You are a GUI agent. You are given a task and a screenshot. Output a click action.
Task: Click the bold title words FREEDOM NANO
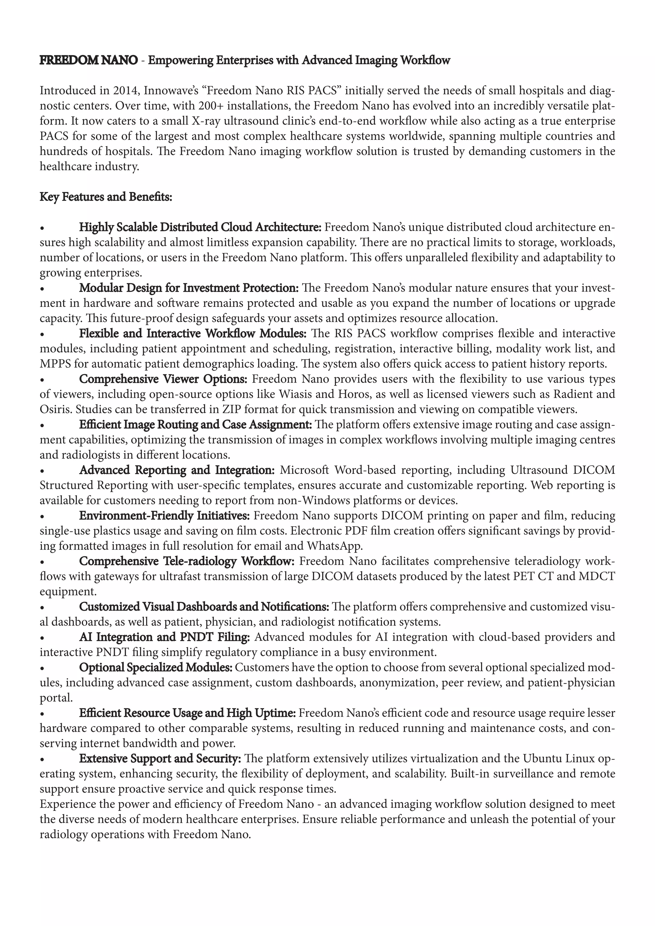pos(88,60)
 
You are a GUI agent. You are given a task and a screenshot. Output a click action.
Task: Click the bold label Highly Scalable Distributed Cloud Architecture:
pos(200,227)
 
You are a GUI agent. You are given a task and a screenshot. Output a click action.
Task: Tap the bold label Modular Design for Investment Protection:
pos(189,288)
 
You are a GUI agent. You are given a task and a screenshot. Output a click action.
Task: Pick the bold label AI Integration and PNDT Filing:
pos(165,637)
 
